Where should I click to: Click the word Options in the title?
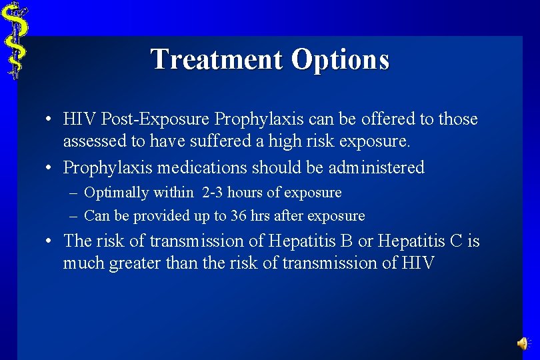click(x=340, y=59)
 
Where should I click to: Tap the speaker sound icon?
click(x=522, y=343)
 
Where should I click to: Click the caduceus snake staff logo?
click(x=13, y=40)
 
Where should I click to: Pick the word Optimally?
click(x=116, y=193)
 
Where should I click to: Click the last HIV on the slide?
click(x=418, y=263)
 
